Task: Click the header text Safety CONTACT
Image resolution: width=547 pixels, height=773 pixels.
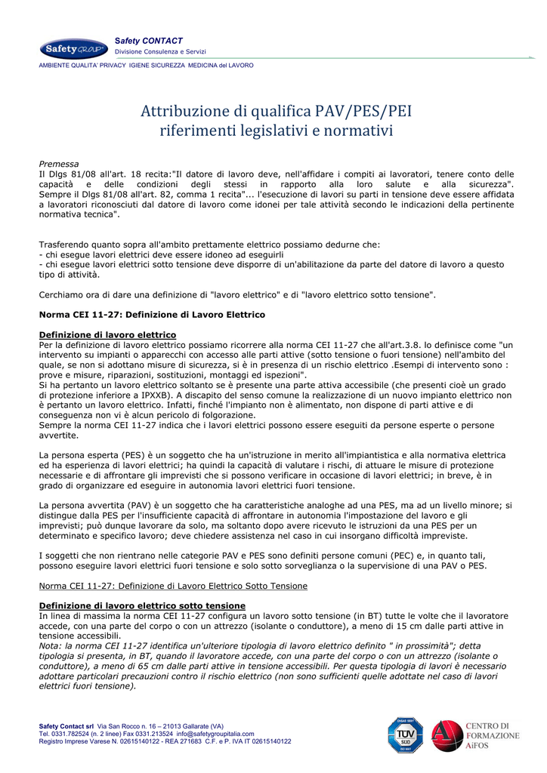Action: (x=149, y=40)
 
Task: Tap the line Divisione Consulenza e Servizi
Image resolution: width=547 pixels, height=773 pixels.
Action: (x=160, y=51)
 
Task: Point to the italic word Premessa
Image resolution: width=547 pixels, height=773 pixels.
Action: (x=59, y=163)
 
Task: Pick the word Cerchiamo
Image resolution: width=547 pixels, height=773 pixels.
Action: (x=62, y=294)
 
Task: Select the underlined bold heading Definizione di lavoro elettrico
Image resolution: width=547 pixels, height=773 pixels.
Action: (x=107, y=334)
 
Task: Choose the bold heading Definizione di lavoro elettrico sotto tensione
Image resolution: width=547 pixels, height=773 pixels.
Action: (x=142, y=605)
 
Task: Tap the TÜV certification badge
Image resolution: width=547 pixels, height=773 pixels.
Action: (x=403, y=735)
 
